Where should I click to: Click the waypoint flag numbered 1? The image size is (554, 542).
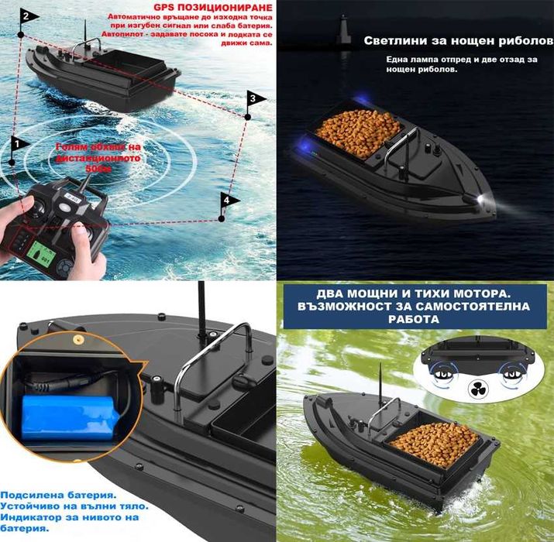17,143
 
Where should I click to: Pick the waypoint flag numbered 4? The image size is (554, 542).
228,201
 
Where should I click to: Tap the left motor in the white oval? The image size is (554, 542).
439,372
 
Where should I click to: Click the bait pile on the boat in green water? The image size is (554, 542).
434,444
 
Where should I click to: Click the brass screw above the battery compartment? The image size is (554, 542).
77,338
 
